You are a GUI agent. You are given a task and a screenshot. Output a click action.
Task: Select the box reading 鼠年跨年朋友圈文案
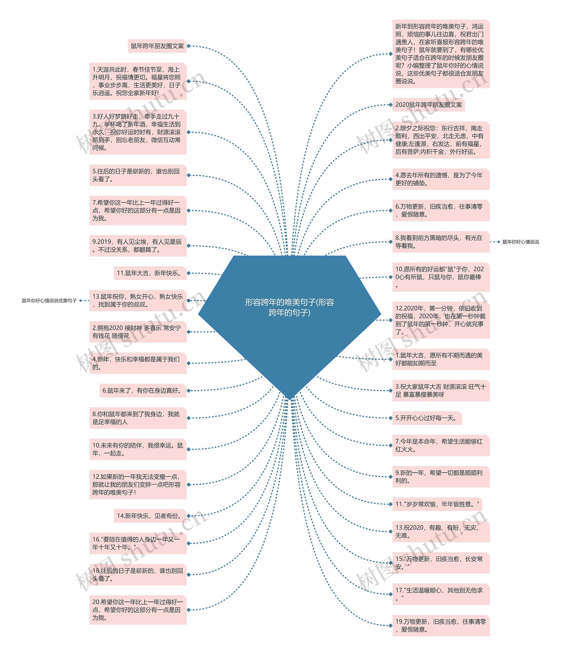pyautogui.click(x=157, y=46)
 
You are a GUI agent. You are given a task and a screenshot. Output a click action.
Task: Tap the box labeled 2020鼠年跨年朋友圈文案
pyautogui.click(x=429, y=105)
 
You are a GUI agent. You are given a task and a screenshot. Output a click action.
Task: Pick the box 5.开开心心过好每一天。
pyautogui.click(x=426, y=418)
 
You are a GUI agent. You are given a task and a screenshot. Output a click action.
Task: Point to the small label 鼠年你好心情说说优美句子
pyautogui.click(x=49, y=301)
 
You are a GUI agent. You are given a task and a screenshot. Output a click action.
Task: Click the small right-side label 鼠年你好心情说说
pyautogui.click(x=520, y=242)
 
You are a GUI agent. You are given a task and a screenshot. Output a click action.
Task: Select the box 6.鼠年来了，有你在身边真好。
pyautogui.click(x=143, y=391)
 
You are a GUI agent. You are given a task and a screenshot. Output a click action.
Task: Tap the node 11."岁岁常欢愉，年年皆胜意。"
pyautogui.click(x=437, y=504)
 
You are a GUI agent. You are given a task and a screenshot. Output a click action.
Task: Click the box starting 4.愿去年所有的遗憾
pyautogui.click(x=441, y=179)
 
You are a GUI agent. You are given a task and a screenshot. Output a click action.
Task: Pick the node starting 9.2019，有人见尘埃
pyautogui.click(x=138, y=246)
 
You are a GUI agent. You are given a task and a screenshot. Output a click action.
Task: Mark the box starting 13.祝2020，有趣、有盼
pyautogui.click(x=441, y=532)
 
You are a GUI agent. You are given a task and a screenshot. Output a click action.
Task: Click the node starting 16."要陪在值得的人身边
pyautogui.click(x=138, y=543)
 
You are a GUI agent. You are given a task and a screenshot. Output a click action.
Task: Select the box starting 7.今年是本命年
pyautogui.click(x=441, y=446)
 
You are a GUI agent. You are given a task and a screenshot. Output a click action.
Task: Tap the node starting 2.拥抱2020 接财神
pyautogui.click(x=138, y=332)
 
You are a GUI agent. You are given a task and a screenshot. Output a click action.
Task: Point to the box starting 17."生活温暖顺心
pyautogui.click(x=441, y=594)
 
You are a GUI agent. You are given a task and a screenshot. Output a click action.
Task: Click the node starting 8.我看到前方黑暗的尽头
pyautogui.click(x=441, y=242)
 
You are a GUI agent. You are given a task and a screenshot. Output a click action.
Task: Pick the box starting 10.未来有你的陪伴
pyautogui.click(x=138, y=449)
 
